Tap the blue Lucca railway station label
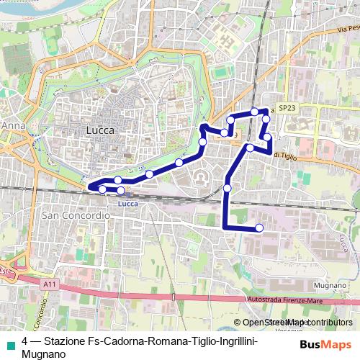point(126,204)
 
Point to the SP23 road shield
point(287,108)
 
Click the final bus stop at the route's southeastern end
point(259,228)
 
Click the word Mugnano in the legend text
point(44,354)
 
